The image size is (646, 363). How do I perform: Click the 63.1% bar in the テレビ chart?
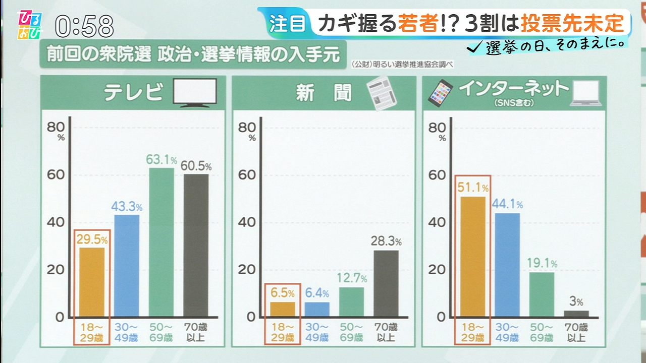[161, 242]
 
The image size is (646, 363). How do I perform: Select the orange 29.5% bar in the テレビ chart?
[92, 281]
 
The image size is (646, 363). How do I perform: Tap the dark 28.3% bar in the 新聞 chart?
[386, 283]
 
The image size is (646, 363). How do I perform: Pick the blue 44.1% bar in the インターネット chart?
[507, 265]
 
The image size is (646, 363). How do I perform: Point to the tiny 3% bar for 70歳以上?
[576, 314]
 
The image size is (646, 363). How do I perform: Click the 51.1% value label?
[473, 188]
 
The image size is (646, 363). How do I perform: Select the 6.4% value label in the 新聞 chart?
[317, 293]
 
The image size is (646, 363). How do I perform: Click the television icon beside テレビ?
[195, 92]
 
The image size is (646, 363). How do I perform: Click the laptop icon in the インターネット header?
[585, 94]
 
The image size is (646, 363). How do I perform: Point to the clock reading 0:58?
[84, 26]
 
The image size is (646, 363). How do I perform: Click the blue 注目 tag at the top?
[286, 24]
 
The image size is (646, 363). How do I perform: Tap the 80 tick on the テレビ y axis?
[56, 128]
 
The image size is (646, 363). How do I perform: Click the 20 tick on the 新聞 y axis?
[247, 270]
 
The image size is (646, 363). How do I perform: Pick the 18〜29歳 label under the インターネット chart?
[472, 332]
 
